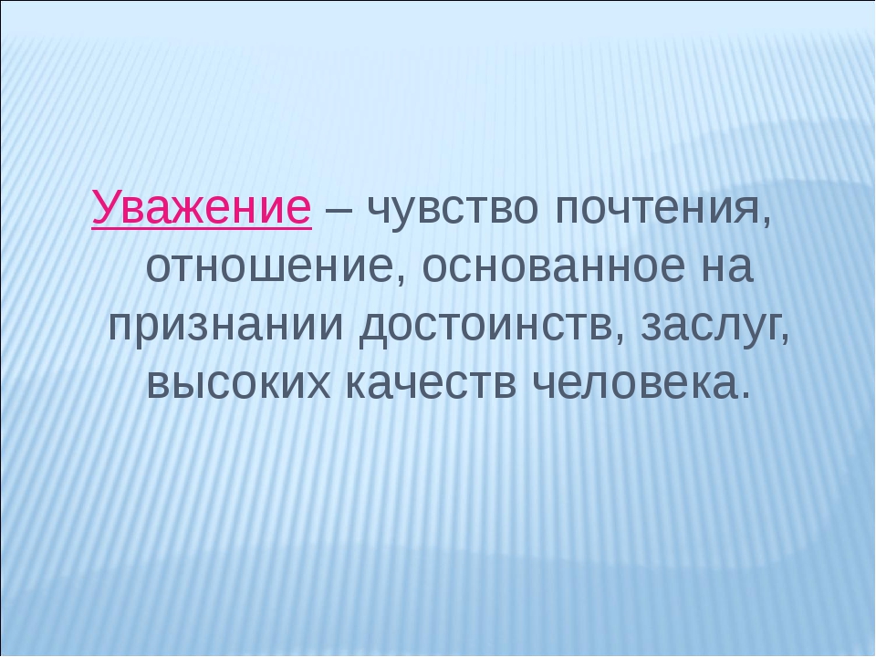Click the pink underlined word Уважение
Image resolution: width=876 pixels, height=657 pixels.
pyautogui.click(x=202, y=207)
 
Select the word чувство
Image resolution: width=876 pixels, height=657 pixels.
pyautogui.click(x=454, y=209)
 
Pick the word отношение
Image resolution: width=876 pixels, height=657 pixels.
pyautogui.click(x=269, y=267)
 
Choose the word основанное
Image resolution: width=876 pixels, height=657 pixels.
pyautogui.click(x=553, y=267)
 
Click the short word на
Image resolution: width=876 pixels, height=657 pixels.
pyautogui.click(x=725, y=267)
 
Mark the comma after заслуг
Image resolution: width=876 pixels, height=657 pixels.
pyautogui.click(x=784, y=338)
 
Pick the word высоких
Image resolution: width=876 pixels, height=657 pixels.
pyautogui.click(x=238, y=384)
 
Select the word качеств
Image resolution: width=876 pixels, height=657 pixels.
pyautogui.click(x=431, y=384)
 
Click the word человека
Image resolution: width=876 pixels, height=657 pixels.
pyautogui.click(x=635, y=384)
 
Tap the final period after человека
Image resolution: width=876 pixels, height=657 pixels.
pyautogui.click(x=746, y=395)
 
